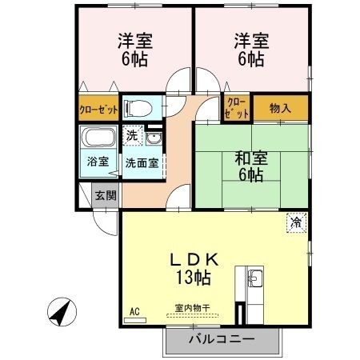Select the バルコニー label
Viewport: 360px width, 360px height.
tap(222, 339)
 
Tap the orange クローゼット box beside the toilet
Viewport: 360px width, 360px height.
tap(98, 109)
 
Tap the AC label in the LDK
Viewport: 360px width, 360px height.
tap(134, 311)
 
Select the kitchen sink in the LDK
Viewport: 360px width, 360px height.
tap(255, 279)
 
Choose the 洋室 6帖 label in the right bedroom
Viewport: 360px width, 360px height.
tap(250, 47)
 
